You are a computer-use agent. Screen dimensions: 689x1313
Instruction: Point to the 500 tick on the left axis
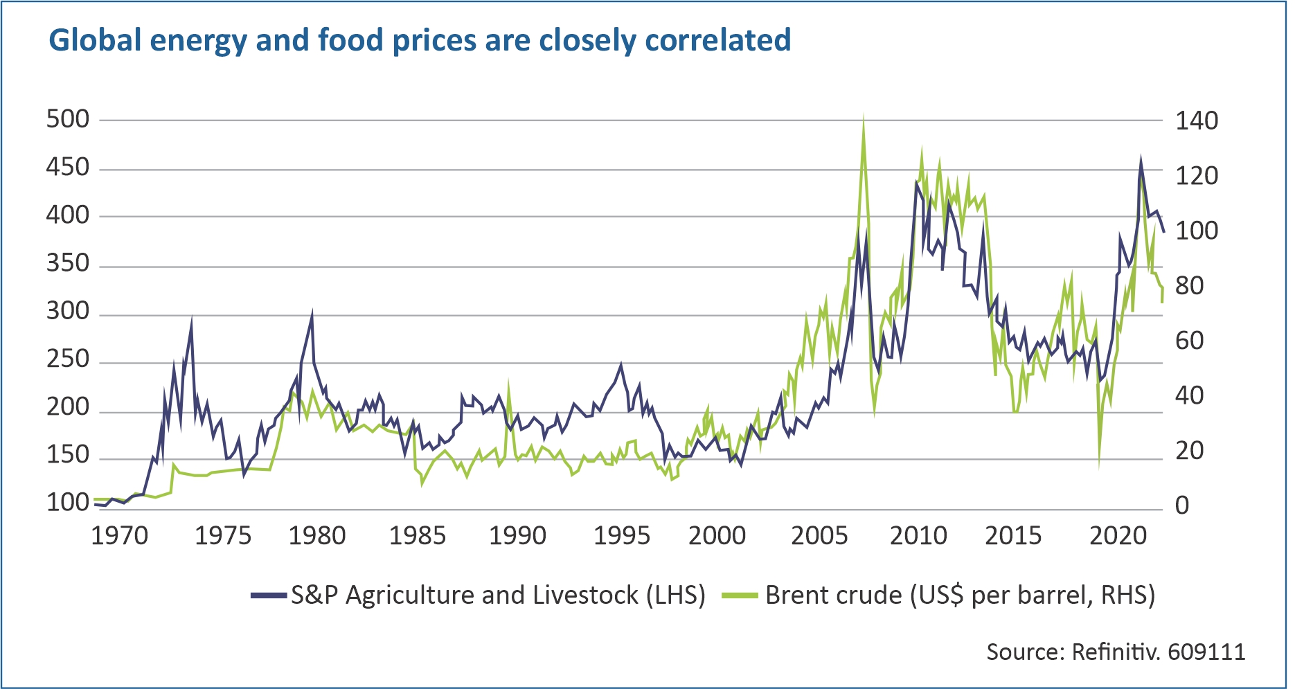point(68,120)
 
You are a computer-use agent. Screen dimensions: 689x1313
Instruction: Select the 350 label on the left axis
point(68,264)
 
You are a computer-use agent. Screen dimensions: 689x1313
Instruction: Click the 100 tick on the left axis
point(68,503)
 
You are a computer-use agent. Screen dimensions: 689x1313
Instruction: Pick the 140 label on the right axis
point(1197,121)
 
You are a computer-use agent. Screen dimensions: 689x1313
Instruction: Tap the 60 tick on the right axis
point(1190,341)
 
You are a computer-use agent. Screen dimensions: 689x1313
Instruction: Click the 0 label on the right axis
point(1182,505)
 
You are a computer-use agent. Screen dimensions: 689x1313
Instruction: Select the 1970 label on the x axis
point(120,536)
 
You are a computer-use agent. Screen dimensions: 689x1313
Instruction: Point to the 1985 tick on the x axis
point(418,536)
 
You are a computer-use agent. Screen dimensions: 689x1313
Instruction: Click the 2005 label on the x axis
point(819,536)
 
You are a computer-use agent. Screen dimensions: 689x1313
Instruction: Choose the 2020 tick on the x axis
point(1118,536)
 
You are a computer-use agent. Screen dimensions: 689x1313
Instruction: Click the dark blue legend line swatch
point(269,595)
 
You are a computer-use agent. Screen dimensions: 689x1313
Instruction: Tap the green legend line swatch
point(740,595)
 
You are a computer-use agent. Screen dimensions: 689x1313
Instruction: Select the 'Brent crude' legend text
point(833,595)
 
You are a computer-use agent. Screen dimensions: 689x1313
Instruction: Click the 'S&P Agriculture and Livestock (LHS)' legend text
point(498,595)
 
